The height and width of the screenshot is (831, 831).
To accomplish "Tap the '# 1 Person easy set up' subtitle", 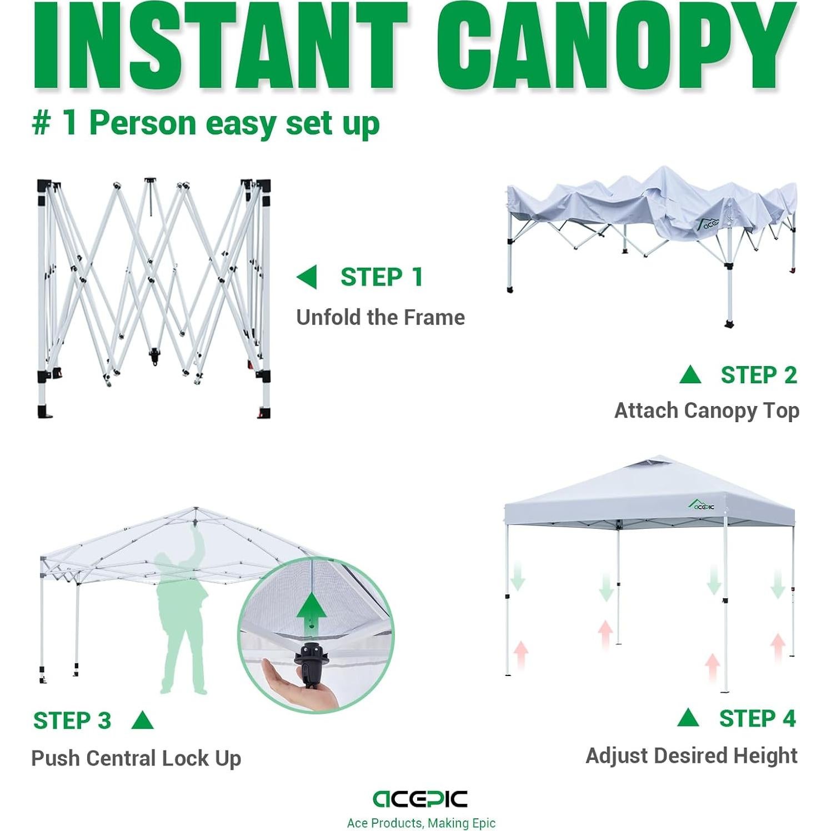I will (206, 123).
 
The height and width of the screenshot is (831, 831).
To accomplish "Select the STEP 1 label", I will (382, 277).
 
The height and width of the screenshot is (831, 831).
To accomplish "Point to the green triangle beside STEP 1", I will (307, 277).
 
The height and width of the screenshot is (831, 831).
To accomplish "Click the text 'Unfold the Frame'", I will (381, 317).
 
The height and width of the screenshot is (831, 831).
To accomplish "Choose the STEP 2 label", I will (758, 376).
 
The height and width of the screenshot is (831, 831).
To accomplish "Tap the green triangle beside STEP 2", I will (690, 376).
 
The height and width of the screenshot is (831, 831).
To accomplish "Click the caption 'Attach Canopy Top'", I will (707, 411).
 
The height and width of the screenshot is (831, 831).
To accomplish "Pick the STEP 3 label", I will (72, 720).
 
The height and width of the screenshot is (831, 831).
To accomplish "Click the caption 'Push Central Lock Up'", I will (136, 758).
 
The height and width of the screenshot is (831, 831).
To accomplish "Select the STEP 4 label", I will (757, 718).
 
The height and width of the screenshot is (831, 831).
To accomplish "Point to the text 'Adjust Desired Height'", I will (692, 755).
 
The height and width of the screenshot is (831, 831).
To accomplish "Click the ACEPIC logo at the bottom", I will (420, 799).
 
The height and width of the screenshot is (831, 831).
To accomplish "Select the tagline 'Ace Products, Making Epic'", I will (421, 823).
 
